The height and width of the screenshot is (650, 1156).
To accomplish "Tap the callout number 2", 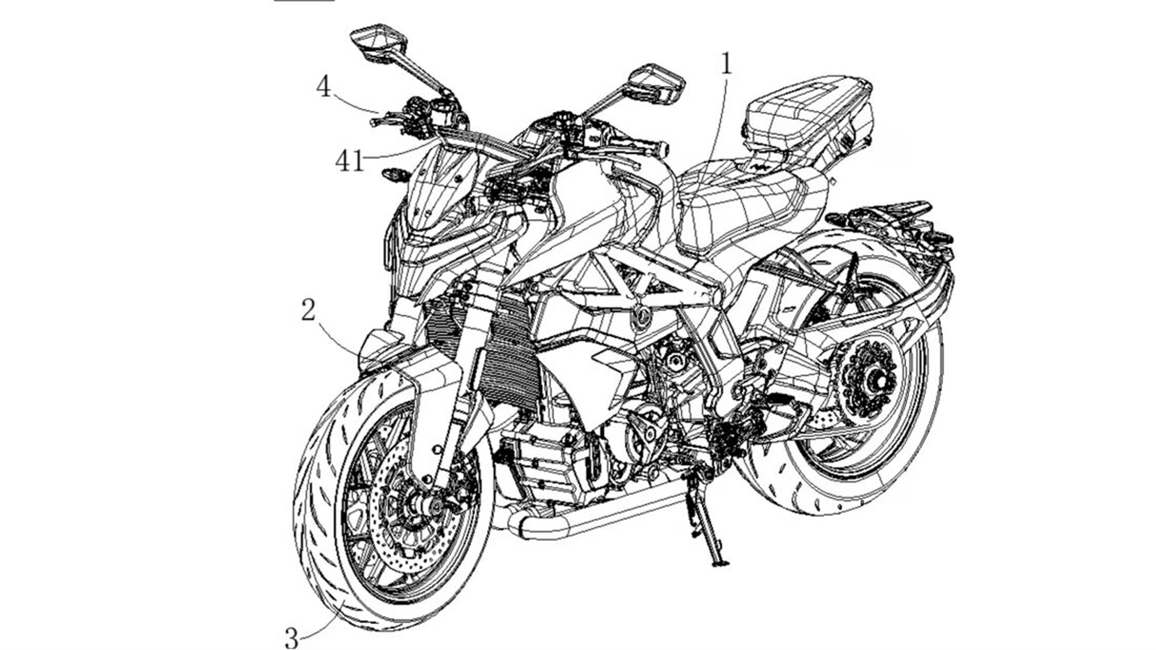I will tap(309, 311).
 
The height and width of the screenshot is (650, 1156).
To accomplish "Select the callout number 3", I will tap(291, 638).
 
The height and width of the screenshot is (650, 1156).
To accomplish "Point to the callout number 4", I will tap(323, 87).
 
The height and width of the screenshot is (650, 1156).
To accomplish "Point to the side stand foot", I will tap(720, 563).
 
